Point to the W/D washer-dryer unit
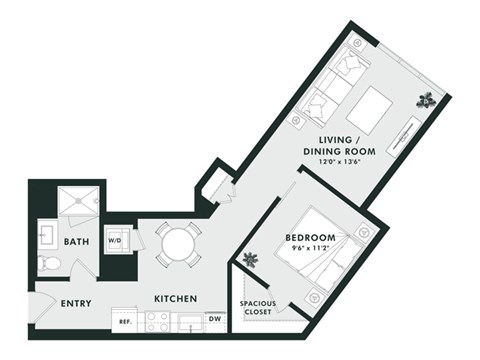coord(115,240)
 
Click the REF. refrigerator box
coord(127,322)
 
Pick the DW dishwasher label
coord(215,320)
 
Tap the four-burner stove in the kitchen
coord(158,321)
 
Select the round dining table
coord(178,243)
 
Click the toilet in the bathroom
coord(50,264)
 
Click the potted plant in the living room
coord(427,99)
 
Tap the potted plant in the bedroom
coord(249,260)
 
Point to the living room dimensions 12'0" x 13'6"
coord(334,161)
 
